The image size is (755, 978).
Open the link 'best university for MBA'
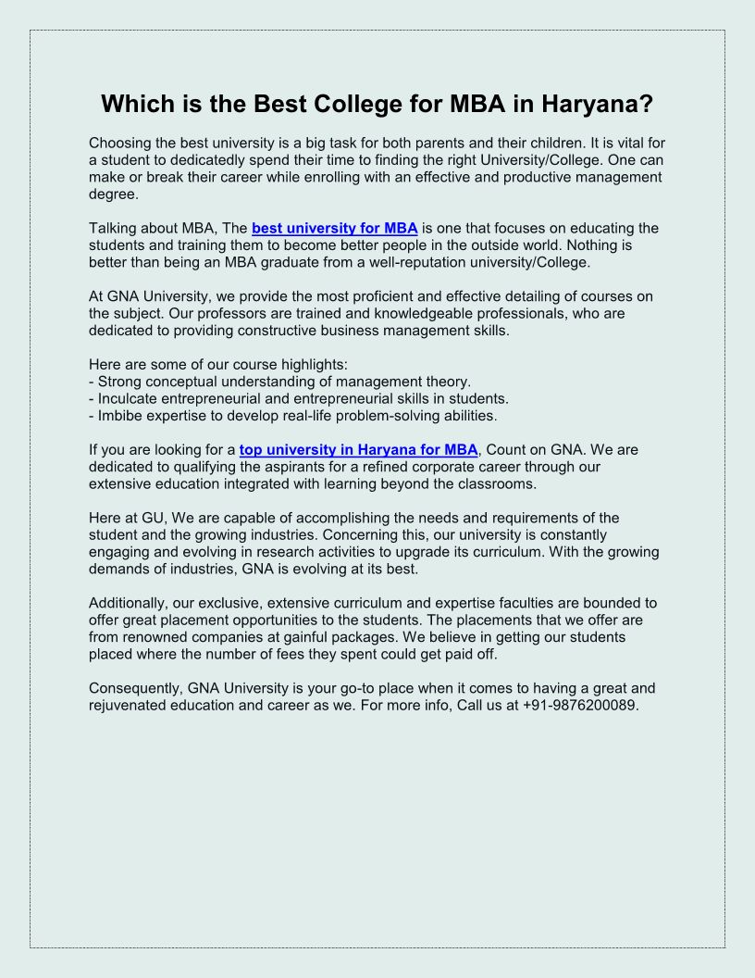(335, 228)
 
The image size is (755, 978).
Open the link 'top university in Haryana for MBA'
(359, 450)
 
